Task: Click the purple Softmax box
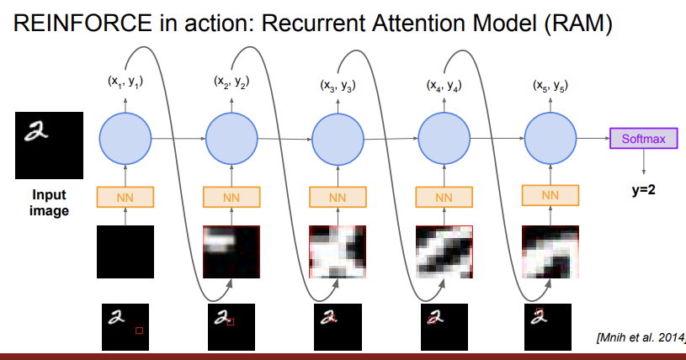click(643, 138)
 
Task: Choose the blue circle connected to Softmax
click(550, 137)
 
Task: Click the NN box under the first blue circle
click(125, 197)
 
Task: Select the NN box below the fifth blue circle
click(550, 195)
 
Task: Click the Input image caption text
click(50, 203)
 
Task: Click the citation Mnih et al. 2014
click(640, 339)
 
